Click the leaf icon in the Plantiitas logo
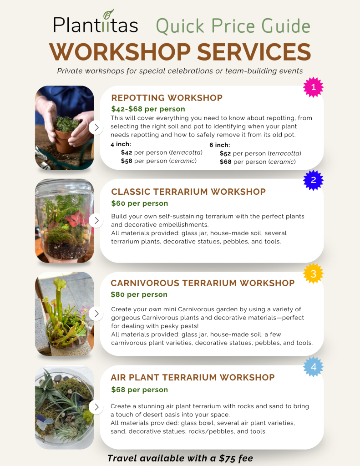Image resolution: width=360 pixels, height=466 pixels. click(108, 14)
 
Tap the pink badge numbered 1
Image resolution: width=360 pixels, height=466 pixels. click(313, 87)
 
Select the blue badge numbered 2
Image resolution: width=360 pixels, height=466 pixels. click(313, 180)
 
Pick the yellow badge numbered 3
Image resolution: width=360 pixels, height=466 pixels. click(313, 274)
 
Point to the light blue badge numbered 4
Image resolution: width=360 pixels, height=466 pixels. click(313, 367)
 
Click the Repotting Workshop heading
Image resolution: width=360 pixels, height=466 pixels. click(167, 98)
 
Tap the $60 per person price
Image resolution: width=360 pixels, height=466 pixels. click(140, 203)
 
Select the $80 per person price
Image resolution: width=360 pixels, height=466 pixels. click(139, 294)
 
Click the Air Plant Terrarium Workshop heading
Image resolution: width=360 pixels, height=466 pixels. click(193, 377)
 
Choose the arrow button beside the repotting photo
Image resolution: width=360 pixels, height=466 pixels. click(96, 127)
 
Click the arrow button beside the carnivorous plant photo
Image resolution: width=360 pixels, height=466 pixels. click(96, 314)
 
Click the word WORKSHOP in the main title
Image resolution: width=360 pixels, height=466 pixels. click(120, 52)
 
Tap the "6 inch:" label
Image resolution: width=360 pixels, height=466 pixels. click(220, 145)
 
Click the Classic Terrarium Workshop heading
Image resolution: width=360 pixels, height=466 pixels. click(188, 192)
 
